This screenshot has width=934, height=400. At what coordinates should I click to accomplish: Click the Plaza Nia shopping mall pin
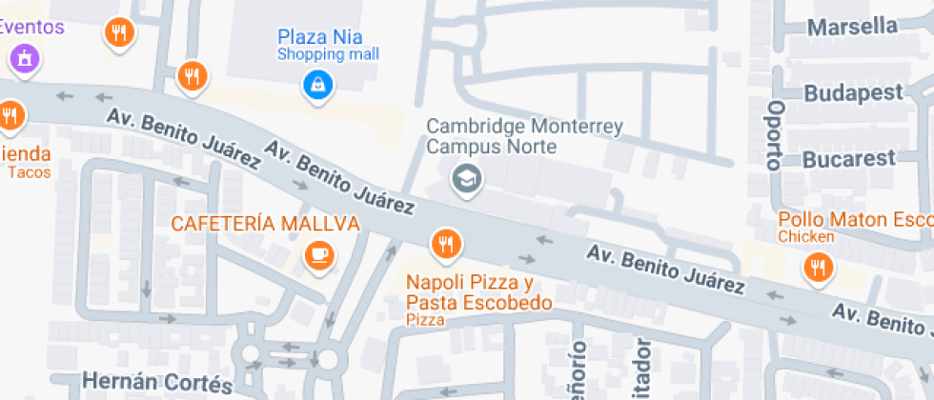click(316, 85)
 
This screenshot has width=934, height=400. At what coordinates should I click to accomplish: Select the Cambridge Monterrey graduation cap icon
click(466, 177)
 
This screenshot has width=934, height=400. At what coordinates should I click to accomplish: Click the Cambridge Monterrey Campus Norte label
click(524, 136)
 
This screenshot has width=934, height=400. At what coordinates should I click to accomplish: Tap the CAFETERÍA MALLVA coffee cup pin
click(318, 254)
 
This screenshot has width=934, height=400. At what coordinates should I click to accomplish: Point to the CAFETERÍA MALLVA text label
click(265, 224)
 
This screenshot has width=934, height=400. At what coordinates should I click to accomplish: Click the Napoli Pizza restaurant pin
click(444, 245)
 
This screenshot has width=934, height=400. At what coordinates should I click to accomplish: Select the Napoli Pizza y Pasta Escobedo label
click(478, 292)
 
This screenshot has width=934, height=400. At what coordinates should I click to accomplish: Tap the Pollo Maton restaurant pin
click(817, 268)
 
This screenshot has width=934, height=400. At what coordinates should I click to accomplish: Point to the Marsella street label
click(852, 27)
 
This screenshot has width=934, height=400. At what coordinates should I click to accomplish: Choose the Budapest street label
click(853, 93)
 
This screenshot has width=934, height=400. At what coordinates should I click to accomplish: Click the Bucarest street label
click(849, 158)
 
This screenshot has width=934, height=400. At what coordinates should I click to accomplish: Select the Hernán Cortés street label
click(157, 383)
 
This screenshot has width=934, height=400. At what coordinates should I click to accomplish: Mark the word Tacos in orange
click(29, 172)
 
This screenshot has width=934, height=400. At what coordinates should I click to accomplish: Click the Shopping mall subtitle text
click(328, 54)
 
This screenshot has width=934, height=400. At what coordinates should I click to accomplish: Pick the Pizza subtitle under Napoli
click(425, 320)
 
